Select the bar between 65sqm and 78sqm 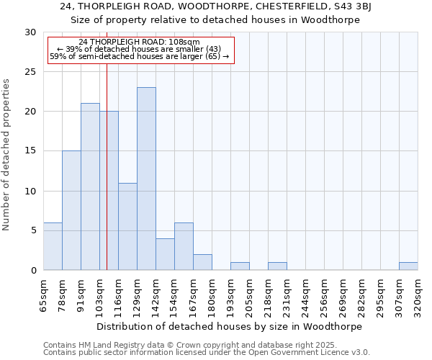(x=53, y=246)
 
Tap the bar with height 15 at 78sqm (x=71, y=210)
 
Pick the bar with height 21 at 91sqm (x=90, y=186)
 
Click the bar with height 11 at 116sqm (x=127, y=226)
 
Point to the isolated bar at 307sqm (x=408, y=266)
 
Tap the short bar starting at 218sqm (x=277, y=266)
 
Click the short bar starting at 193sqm (x=240, y=266)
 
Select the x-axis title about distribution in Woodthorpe (x=229, y=326)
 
